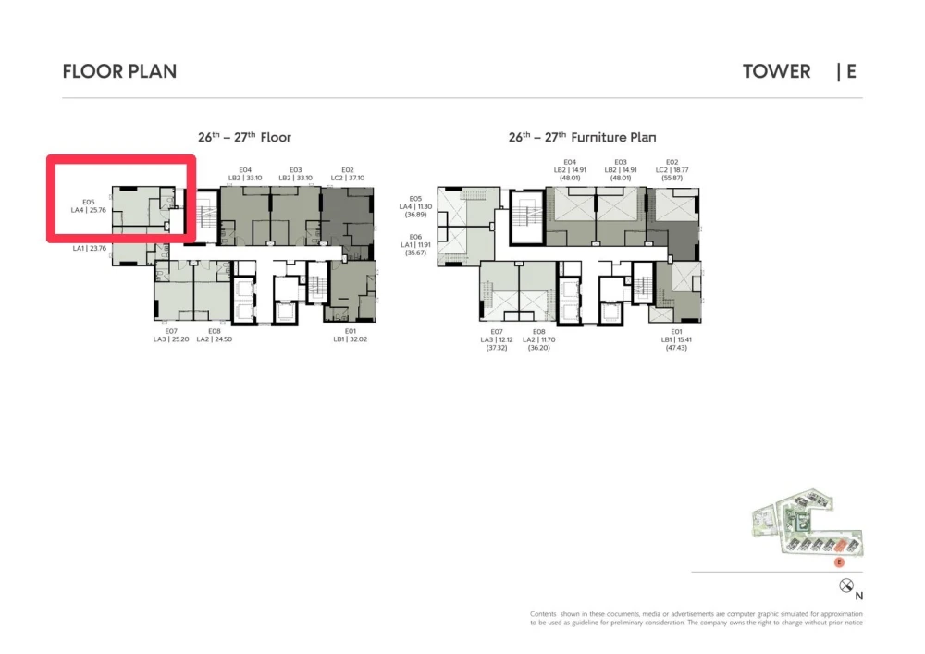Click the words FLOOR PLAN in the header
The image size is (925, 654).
click(x=119, y=71)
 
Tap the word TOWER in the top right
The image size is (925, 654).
click(x=776, y=71)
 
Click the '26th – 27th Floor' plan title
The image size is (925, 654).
click(x=244, y=138)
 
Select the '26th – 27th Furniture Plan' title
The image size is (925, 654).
click(x=582, y=138)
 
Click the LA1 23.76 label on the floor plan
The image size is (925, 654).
click(x=91, y=248)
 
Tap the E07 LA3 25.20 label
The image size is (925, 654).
click(x=171, y=335)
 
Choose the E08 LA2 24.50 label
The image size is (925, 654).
click(x=214, y=335)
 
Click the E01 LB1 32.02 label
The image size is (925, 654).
click(x=351, y=335)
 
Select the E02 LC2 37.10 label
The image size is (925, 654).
click(x=348, y=174)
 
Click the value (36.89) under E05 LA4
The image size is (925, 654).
click(x=415, y=215)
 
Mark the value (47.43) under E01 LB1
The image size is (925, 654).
click(x=676, y=348)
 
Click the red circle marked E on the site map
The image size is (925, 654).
click(x=839, y=561)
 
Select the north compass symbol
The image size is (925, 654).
click(x=845, y=586)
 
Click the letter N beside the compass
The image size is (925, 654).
click(x=859, y=596)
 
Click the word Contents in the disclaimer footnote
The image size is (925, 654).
click(x=543, y=614)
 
